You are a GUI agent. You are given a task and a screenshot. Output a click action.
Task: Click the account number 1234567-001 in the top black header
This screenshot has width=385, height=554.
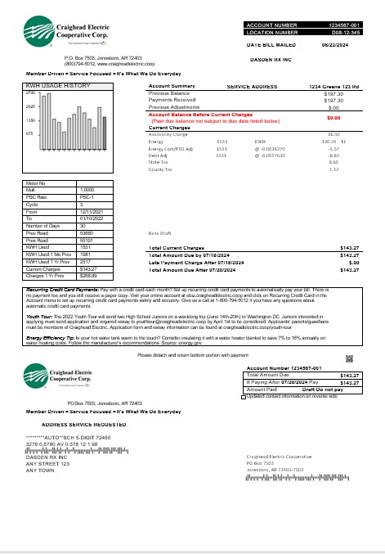pos(349,26)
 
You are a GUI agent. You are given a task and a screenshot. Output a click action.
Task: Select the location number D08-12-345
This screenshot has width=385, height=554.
pos(349,34)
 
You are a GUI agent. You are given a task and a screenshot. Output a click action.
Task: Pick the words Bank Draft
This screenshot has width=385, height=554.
pos(159,233)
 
